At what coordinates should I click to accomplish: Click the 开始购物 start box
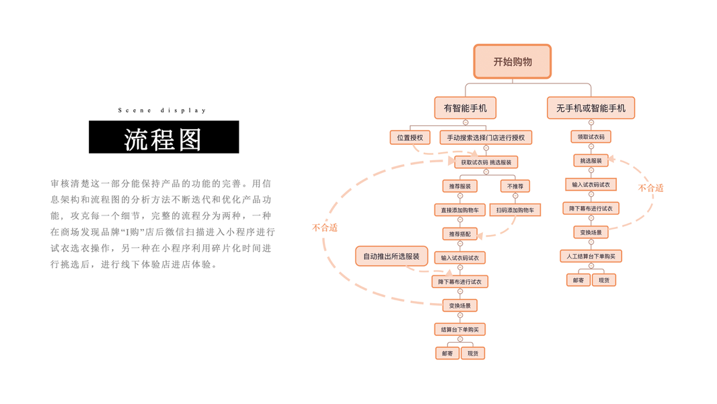point(513,61)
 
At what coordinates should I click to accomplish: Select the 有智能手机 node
point(465,108)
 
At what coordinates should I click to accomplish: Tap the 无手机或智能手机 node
point(591,108)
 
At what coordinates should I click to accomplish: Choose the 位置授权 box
point(410,137)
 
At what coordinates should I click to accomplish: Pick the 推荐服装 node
point(460,186)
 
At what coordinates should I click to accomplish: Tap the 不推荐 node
point(515,186)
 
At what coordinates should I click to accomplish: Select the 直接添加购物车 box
point(460,210)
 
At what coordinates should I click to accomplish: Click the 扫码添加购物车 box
point(515,210)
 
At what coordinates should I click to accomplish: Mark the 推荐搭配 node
point(460,234)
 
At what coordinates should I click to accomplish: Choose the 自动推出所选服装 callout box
point(391,256)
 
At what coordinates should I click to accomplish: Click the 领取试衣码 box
point(591,137)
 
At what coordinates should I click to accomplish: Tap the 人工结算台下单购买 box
point(591,256)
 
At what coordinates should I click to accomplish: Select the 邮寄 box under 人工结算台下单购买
point(578,279)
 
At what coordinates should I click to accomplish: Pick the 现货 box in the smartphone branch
point(473,353)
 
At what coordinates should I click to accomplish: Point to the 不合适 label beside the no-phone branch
point(650,188)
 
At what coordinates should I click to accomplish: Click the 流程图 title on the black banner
point(163,138)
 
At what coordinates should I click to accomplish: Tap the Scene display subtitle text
point(162,110)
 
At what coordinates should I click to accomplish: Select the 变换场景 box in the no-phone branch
point(591,232)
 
